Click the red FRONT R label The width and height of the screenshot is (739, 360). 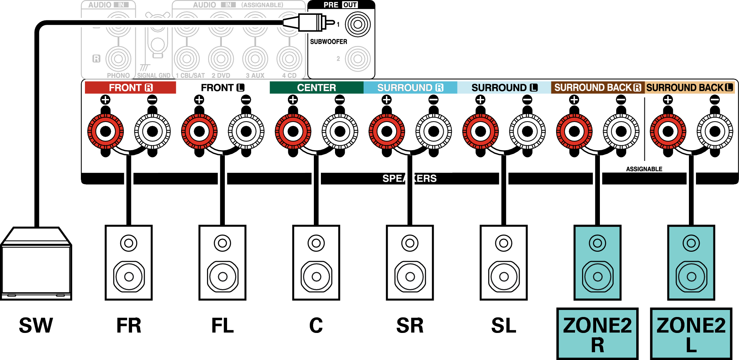point(130,87)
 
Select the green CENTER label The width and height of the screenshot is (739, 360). point(316,87)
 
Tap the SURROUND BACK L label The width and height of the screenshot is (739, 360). point(690,87)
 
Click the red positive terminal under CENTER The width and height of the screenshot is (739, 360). point(293,131)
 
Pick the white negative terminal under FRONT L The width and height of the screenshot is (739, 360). point(246,131)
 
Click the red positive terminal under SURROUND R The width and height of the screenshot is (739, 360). point(387,131)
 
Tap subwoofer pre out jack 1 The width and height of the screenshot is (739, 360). point(358,24)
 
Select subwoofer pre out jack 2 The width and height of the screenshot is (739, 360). point(358,59)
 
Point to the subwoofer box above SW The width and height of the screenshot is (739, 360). point(36,263)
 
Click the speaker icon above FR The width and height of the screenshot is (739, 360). point(129,262)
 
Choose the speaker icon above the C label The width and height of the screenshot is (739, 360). point(316,262)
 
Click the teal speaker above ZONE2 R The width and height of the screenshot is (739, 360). point(598,262)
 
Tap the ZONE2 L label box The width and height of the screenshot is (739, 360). point(691,334)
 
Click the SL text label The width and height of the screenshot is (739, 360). point(504,326)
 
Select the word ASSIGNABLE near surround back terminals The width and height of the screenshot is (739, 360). point(644,169)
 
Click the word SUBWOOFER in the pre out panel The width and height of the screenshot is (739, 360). point(329,42)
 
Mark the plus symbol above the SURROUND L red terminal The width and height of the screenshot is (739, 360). point(480,99)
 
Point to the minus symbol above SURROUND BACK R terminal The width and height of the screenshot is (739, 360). point(621,99)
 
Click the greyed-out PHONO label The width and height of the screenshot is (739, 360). point(118,76)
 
